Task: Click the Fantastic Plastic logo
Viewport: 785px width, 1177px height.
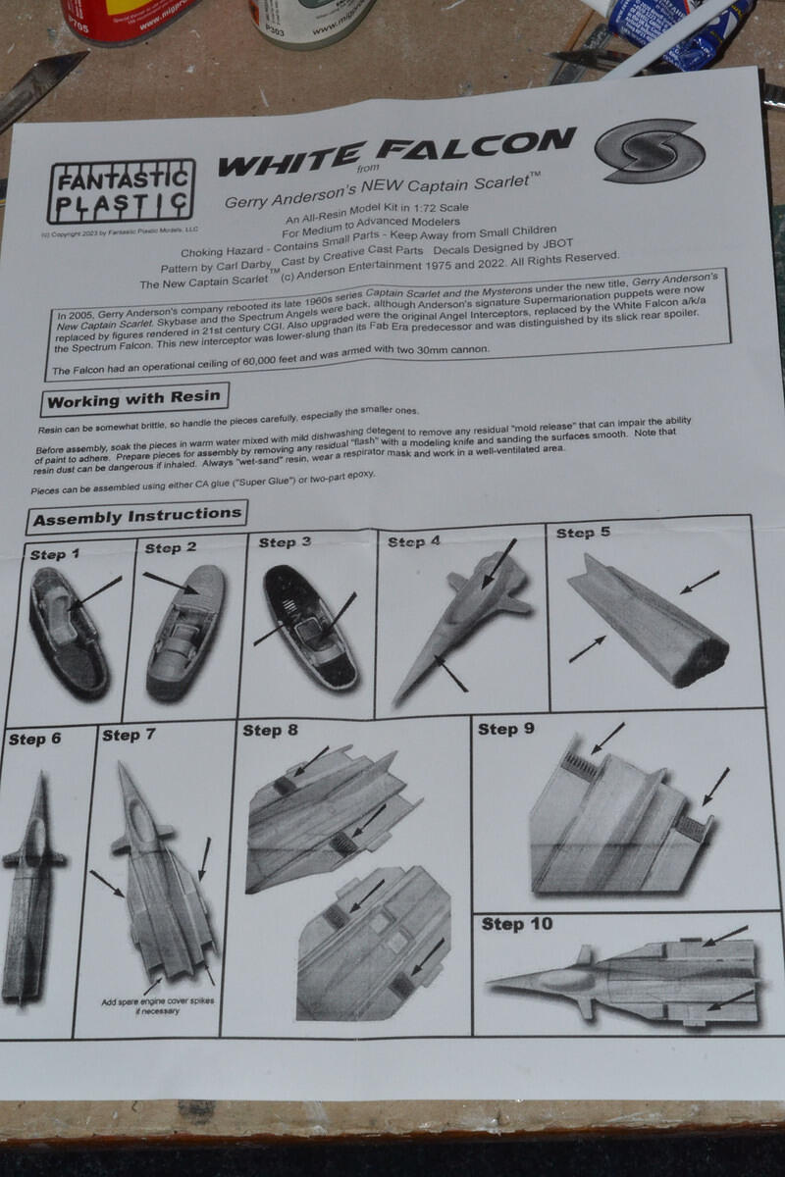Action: (x=121, y=193)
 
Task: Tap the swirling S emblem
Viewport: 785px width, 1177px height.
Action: (x=649, y=150)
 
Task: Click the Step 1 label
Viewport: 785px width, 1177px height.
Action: (x=55, y=555)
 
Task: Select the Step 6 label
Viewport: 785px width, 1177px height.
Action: (x=34, y=739)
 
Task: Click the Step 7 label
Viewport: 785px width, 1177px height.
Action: (x=129, y=735)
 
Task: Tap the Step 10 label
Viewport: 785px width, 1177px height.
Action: (x=516, y=924)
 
